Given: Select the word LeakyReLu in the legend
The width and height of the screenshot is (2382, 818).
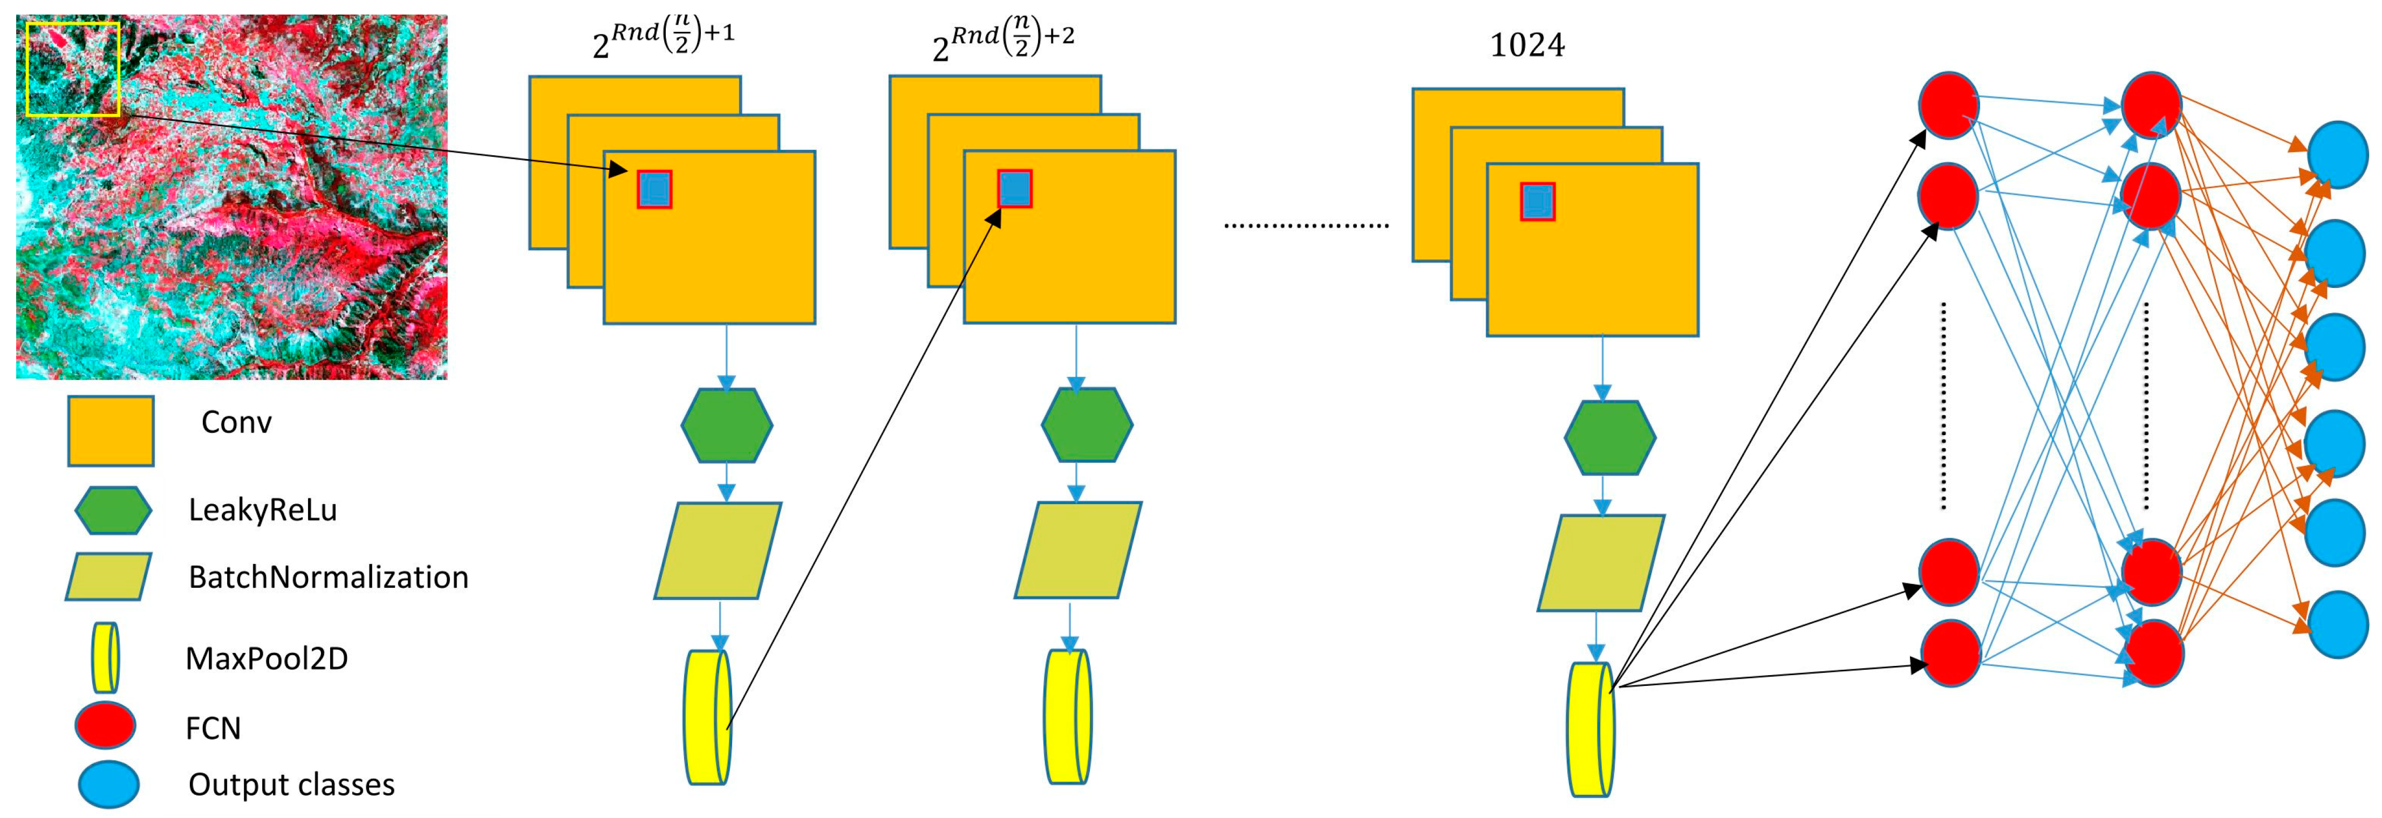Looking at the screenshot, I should click(x=263, y=509).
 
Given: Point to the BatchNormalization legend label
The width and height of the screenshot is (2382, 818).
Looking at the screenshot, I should click(x=328, y=577).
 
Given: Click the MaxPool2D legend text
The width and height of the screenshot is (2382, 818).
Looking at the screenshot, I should click(x=267, y=658).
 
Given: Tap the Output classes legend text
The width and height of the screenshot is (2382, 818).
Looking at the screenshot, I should click(x=291, y=784).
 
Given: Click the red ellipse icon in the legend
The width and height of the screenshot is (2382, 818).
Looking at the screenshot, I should click(x=105, y=725).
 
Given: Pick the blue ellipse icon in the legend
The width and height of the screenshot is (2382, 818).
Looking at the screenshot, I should click(x=108, y=784).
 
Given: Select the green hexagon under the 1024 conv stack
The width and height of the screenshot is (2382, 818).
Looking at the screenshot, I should click(x=1610, y=437).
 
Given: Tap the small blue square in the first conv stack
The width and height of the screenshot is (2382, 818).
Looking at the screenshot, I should click(x=654, y=189).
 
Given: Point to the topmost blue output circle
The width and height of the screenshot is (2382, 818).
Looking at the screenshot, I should click(x=2338, y=154).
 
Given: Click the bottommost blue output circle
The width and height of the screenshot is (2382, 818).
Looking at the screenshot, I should click(x=2338, y=624).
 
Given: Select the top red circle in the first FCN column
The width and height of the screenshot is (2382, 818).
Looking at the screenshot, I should click(x=1948, y=105).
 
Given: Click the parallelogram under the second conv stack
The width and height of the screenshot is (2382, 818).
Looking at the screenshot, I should click(x=1077, y=550).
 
